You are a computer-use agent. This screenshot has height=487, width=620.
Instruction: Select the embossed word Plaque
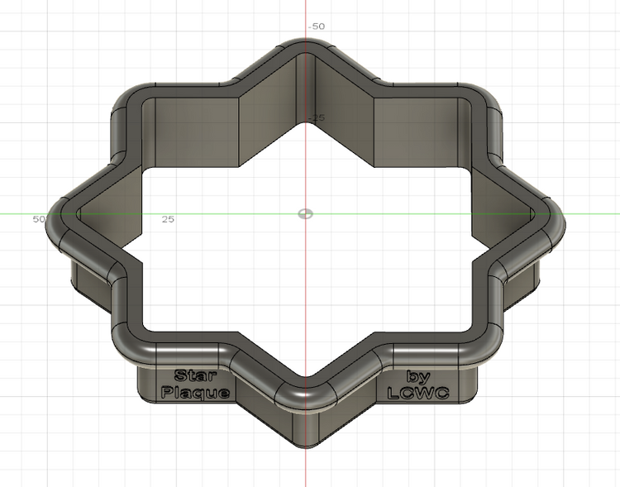195,393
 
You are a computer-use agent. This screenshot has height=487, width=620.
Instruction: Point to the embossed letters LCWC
417,394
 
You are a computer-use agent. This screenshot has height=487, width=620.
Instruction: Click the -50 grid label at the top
317,26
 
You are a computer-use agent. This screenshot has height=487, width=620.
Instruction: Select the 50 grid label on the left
38,219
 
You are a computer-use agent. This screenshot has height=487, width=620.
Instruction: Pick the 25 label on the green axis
168,219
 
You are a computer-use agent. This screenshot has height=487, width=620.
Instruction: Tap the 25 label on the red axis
318,118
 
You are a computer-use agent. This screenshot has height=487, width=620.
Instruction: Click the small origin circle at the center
305,213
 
